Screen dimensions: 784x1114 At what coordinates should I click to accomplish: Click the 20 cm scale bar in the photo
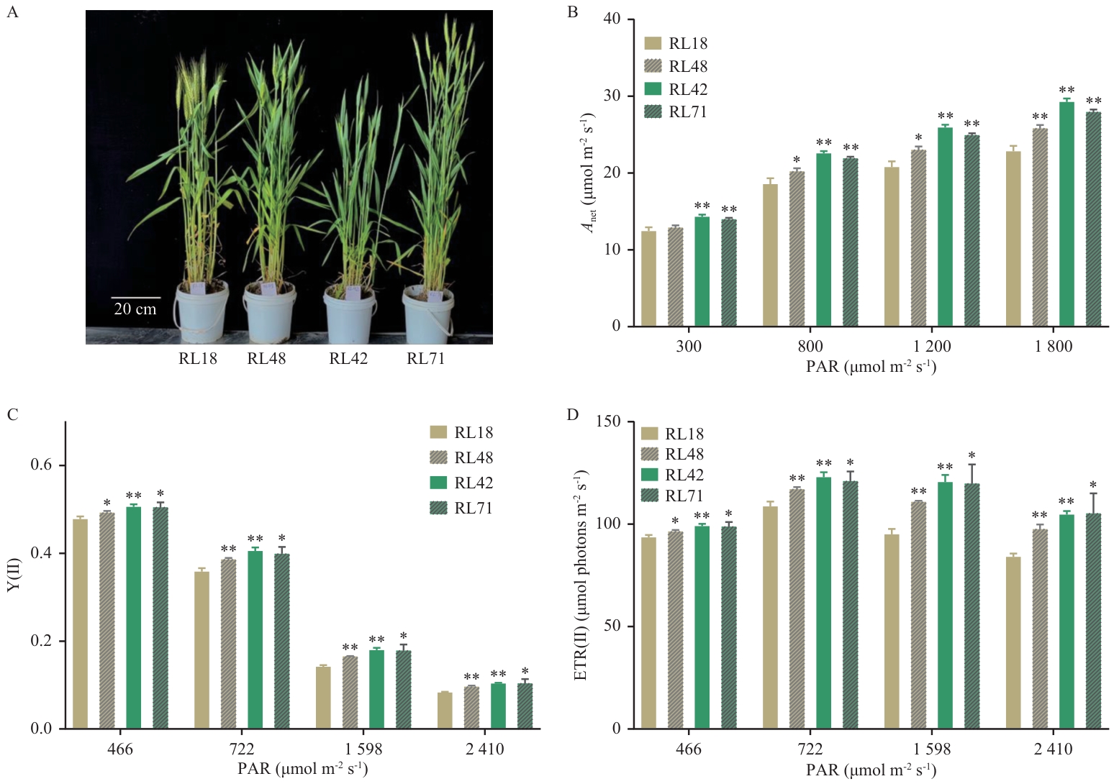pyautogui.click(x=135, y=297)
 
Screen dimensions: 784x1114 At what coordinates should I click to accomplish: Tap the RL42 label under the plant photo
pyautogui.click(x=348, y=359)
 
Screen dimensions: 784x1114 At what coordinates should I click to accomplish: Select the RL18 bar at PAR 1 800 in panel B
pyautogui.click(x=1013, y=239)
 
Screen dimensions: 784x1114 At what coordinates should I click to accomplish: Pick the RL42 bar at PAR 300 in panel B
pyautogui.click(x=702, y=272)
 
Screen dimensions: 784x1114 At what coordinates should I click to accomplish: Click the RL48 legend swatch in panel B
pyautogui.click(x=653, y=66)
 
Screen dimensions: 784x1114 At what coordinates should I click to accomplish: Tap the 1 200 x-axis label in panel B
pyautogui.click(x=932, y=347)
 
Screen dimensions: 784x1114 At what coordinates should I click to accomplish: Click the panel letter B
pyautogui.click(x=573, y=12)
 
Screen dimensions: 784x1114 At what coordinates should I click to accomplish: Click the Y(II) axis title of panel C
pyautogui.click(x=14, y=575)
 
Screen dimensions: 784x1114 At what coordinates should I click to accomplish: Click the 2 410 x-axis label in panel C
pyautogui.click(x=484, y=749)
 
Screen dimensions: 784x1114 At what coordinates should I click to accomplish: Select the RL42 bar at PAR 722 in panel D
pyautogui.click(x=823, y=603)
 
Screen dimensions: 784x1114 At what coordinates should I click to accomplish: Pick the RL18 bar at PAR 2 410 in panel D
pyautogui.click(x=1013, y=642)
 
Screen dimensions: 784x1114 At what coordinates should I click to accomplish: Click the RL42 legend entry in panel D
pyautogui.click(x=672, y=475)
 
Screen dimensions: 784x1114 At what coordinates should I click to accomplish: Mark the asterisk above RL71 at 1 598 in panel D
pyautogui.click(x=972, y=455)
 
